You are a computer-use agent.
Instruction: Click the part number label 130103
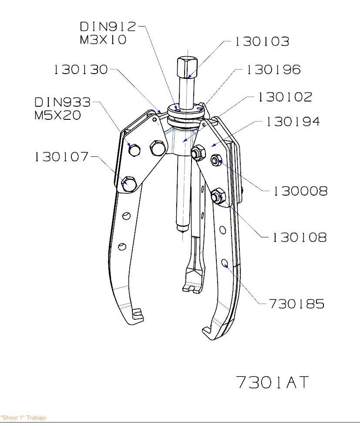(x=262, y=42)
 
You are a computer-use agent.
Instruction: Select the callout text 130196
(x=273, y=70)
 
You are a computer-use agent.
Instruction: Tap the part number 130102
(x=285, y=97)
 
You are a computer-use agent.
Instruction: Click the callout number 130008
(x=300, y=191)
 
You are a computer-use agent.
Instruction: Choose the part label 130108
(x=299, y=237)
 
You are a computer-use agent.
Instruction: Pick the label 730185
(x=296, y=304)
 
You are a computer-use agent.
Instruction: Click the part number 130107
(x=61, y=157)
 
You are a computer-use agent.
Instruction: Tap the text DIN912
(x=108, y=27)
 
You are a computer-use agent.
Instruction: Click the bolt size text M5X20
(x=57, y=116)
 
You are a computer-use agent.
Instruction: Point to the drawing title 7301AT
(x=272, y=382)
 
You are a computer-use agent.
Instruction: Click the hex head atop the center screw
(x=186, y=67)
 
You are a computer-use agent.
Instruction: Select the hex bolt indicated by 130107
(x=129, y=183)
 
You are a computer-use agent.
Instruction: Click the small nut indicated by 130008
(x=215, y=160)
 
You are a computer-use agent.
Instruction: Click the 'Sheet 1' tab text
(x=23, y=418)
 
